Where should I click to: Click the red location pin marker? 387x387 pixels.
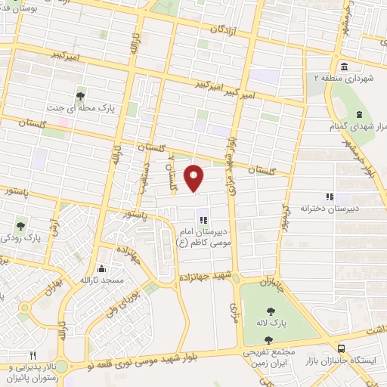(x=194, y=178)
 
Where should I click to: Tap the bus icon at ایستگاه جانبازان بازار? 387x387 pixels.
(x=342, y=348)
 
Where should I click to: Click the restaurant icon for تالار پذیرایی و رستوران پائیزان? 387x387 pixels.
(x=32, y=354)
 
